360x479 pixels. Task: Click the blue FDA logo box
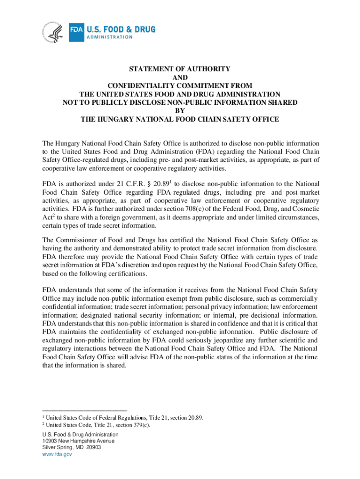76,30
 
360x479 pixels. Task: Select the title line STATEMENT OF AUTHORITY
180,69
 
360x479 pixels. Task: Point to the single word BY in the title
180,111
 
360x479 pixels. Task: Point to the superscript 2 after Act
53,216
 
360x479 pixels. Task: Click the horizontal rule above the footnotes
84,411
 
